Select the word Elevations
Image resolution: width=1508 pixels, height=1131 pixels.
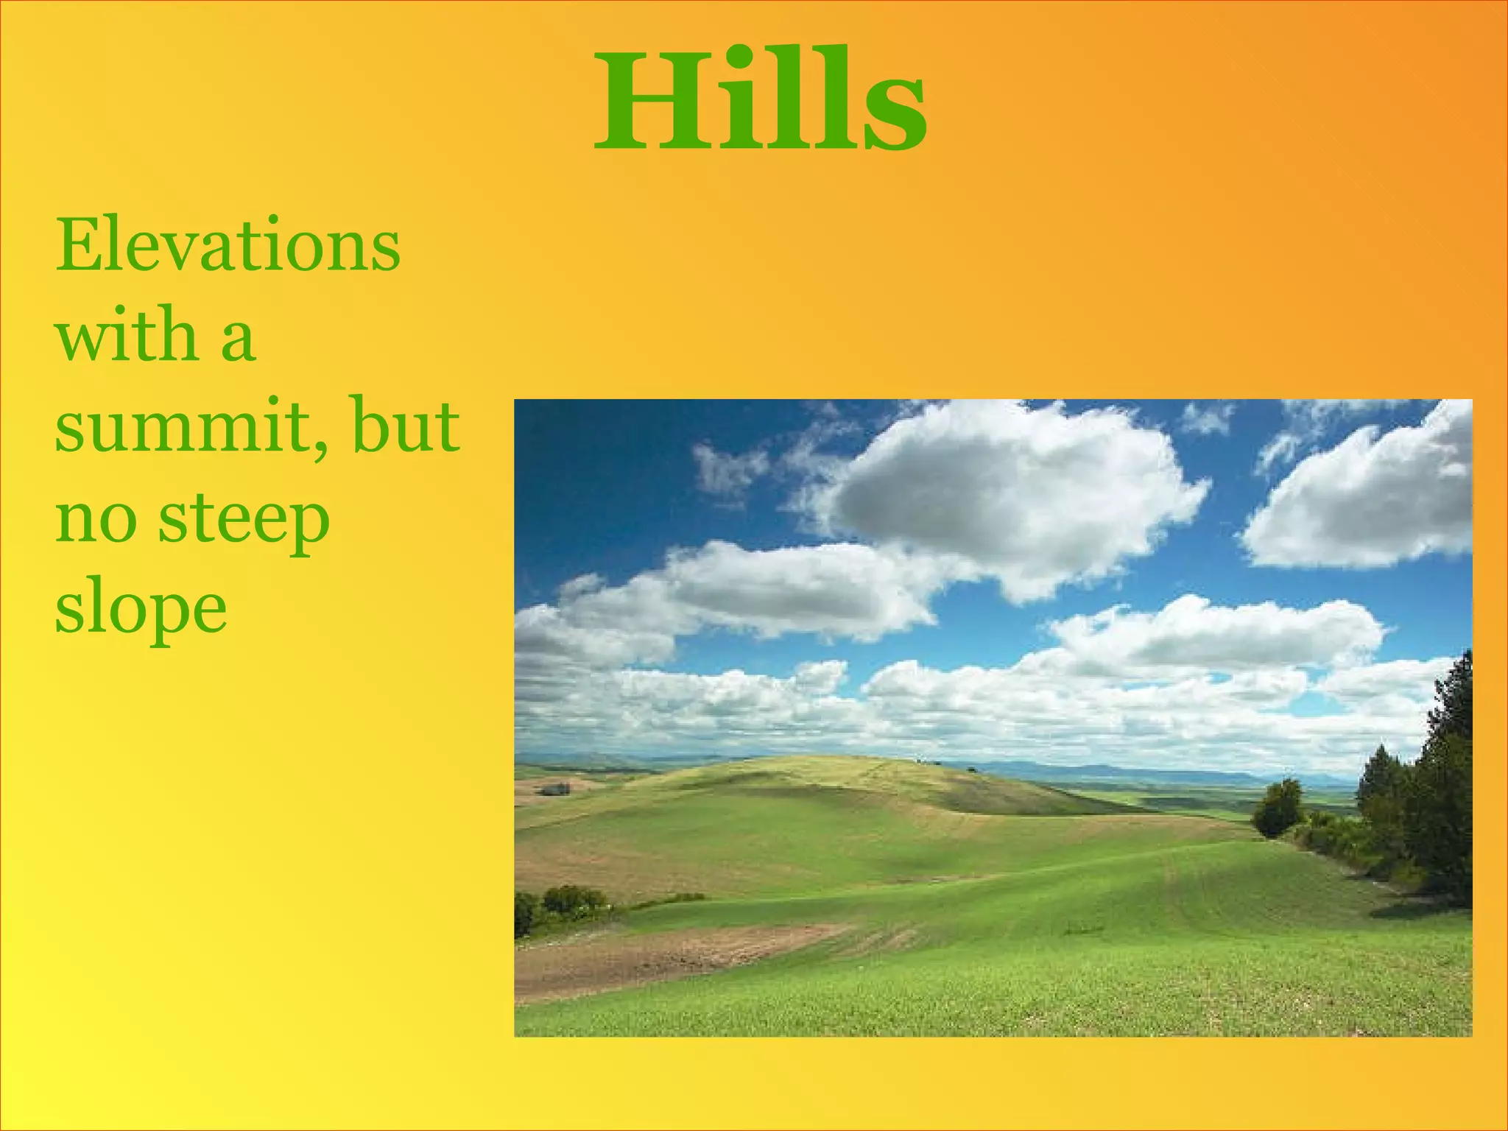click(228, 244)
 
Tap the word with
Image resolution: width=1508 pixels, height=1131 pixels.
click(125, 335)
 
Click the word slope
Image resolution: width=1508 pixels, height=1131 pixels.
click(141, 611)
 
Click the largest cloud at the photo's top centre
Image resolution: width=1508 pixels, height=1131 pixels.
click(1009, 493)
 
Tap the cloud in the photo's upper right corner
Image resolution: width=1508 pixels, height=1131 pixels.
click(1370, 501)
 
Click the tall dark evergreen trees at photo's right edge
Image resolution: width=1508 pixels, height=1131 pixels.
click(1436, 795)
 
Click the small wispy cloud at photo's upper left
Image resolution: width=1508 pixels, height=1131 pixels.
click(729, 468)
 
